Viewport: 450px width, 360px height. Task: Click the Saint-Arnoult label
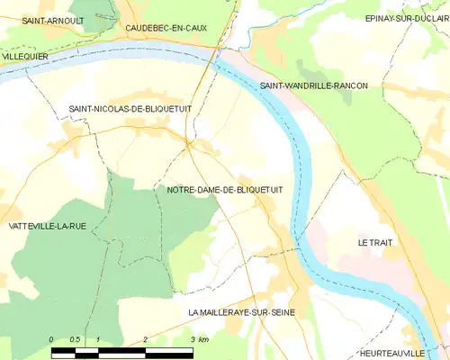pyautogui.click(x=52, y=20)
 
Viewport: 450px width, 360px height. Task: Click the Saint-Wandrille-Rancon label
pyautogui.click(x=314, y=85)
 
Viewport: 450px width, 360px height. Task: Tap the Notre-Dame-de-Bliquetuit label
pyautogui.click(x=225, y=190)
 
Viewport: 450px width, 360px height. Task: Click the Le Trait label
pyautogui.click(x=375, y=243)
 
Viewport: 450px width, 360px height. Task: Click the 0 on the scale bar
pyautogui.click(x=52, y=339)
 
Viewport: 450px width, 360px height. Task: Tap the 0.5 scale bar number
pyautogui.click(x=75, y=339)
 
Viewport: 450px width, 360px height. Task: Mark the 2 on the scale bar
pyautogui.click(x=145, y=339)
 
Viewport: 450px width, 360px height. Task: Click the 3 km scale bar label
pyautogui.click(x=199, y=339)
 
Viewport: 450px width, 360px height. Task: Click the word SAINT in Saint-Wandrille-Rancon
pyautogui.click(x=274, y=85)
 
